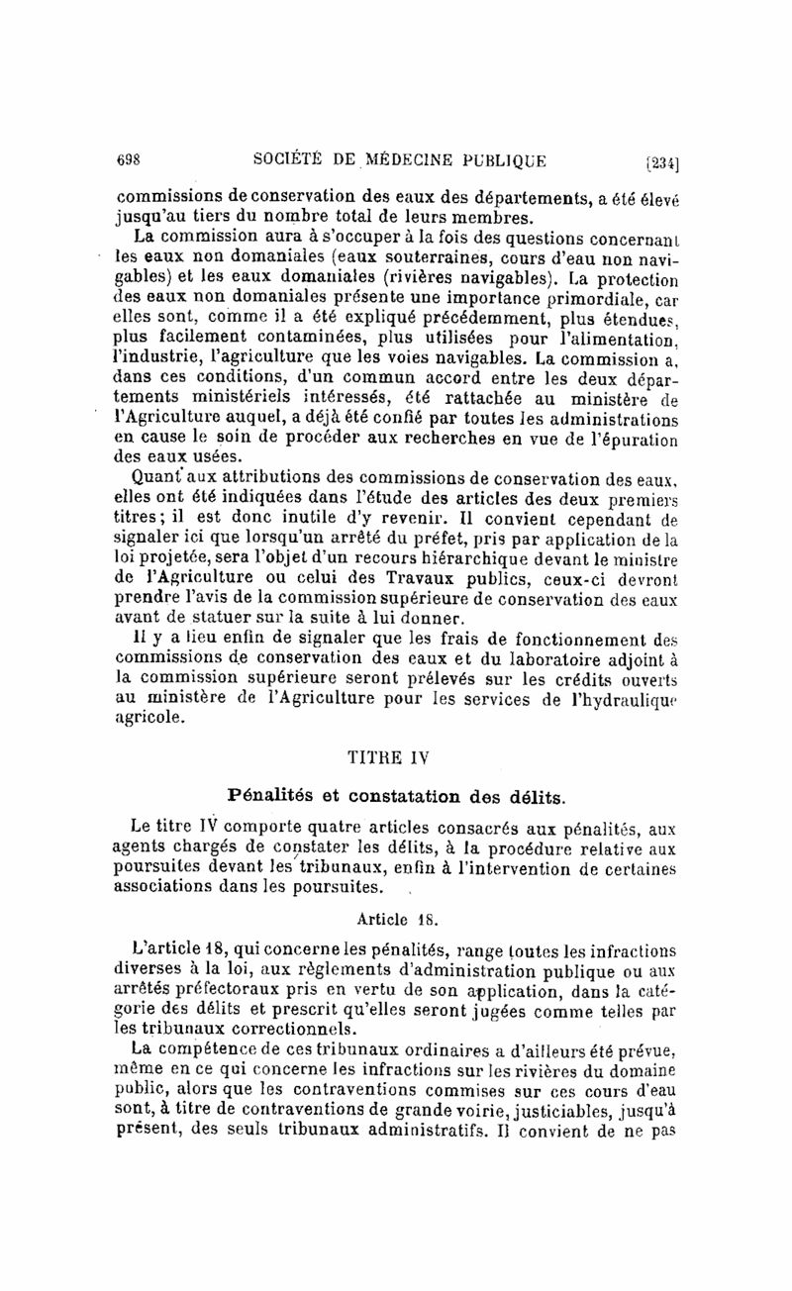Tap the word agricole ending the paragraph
click(x=149, y=720)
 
